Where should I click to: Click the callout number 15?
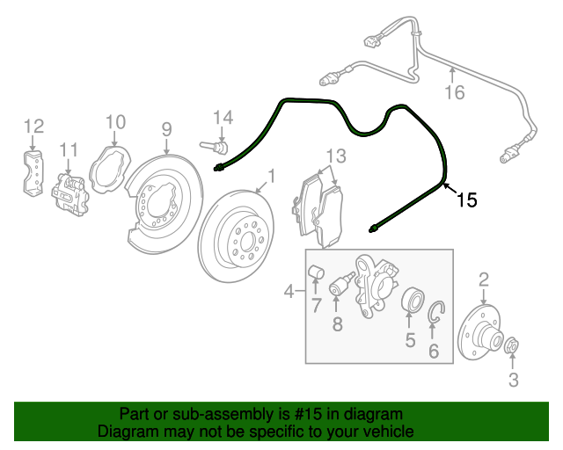click(x=467, y=200)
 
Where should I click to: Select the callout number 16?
click(x=453, y=92)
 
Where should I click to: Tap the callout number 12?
click(x=33, y=126)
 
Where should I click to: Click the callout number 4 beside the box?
click(x=289, y=291)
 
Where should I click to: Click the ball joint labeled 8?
click(x=339, y=287)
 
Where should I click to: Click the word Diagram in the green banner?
click(x=128, y=432)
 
